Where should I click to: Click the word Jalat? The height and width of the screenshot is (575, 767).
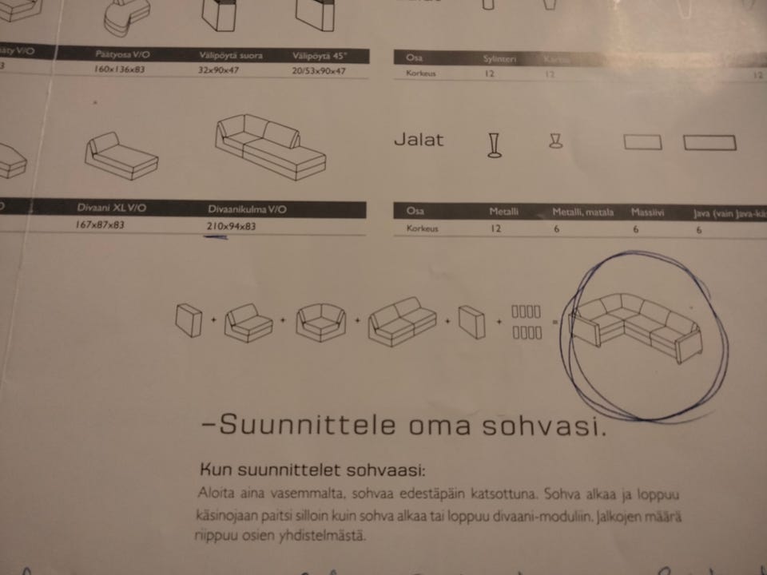tap(419, 140)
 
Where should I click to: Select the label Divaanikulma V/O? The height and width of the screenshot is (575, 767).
tap(248, 209)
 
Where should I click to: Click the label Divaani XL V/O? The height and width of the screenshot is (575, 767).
tap(112, 208)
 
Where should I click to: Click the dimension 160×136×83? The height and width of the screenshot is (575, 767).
tap(120, 70)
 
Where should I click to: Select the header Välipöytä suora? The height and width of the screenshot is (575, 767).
tap(231, 56)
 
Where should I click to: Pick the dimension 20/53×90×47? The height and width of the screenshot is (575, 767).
tap(319, 70)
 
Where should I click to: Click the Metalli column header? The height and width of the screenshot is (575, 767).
tap(504, 212)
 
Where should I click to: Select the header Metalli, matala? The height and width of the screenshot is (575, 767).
tap(583, 212)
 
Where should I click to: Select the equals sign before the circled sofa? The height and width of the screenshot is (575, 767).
tap(554, 323)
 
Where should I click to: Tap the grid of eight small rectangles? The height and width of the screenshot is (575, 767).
tap(527, 322)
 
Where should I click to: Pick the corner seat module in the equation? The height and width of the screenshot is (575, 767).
tap(320, 323)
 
